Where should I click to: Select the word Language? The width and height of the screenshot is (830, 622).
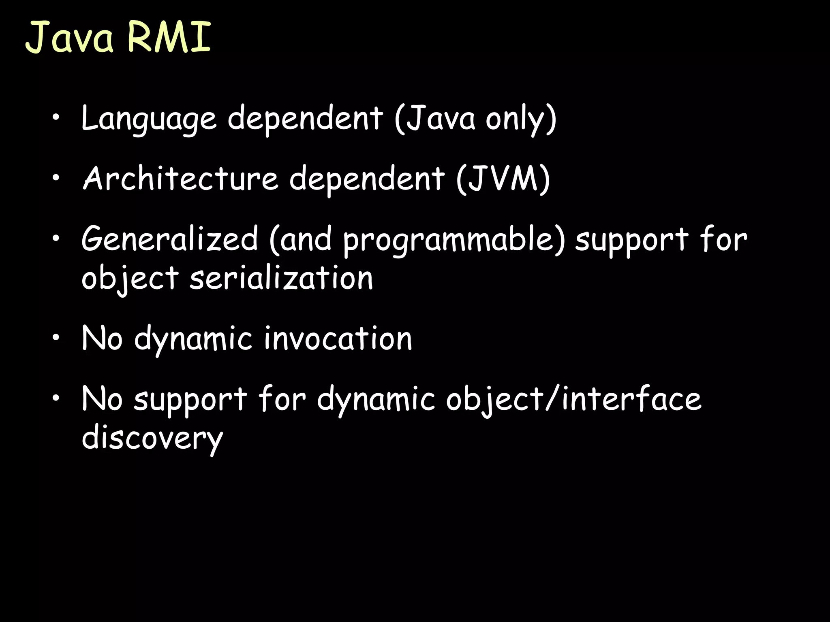149,118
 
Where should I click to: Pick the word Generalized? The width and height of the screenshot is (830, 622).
170,239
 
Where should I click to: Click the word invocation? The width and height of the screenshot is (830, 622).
338,339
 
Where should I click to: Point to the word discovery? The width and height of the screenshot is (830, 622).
152,438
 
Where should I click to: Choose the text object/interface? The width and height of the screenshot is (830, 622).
573,399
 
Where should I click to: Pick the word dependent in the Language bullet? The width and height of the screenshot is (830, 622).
305,118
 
